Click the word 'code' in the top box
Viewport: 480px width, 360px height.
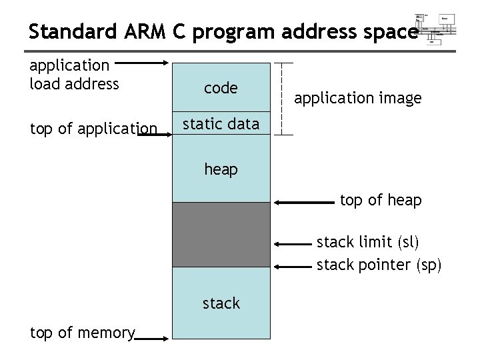tap(221, 89)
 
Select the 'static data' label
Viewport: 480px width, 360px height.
tap(221, 124)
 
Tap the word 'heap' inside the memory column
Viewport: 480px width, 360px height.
tap(221, 169)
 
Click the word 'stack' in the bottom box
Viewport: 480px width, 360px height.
tap(221, 303)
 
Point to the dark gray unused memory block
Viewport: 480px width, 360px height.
tap(221, 234)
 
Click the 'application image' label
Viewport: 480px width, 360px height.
tap(358, 99)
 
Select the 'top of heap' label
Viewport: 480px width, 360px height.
tap(381, 200)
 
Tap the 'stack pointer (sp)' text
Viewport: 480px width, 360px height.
tap(379, 265)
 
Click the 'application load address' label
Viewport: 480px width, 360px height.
tap(75, 75)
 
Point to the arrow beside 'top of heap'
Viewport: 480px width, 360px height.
tap(303, 200)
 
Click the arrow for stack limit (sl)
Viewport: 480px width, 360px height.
tap(293, 243)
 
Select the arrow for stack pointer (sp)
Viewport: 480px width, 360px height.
tap(293, 266)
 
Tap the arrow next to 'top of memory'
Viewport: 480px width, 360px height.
tap(153, 339)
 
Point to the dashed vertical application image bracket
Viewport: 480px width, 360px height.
tap(286, 99)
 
